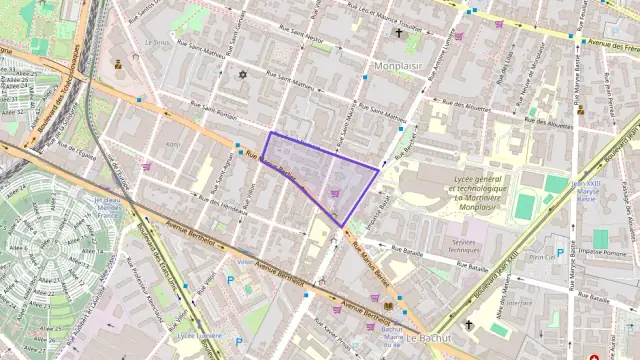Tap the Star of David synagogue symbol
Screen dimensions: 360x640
pos(241,74)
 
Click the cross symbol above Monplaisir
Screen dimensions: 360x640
pos(398,33)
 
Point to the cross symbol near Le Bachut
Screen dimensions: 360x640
pos(468,324)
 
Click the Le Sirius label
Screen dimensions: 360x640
pos(158,43)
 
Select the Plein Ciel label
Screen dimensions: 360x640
pos(543,256)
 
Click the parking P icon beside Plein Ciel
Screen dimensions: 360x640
pos(559,253)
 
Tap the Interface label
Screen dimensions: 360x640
pos(519,302)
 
